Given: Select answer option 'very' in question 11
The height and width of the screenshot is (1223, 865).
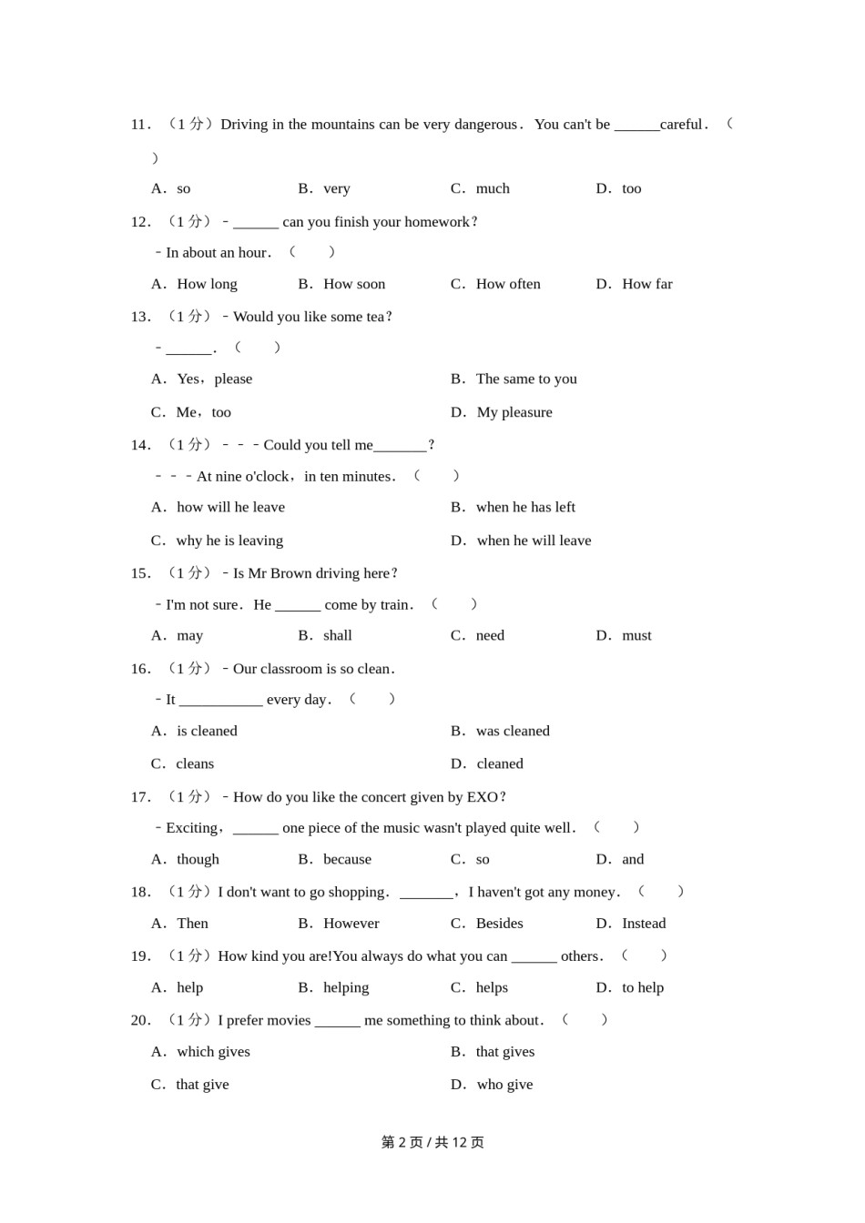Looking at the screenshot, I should pos(336,188).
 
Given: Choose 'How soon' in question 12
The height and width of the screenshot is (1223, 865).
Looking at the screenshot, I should pos(353,284).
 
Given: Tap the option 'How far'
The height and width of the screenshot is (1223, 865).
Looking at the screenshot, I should pos(646,284).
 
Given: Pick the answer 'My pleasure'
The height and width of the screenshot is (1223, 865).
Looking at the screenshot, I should pos(514,412).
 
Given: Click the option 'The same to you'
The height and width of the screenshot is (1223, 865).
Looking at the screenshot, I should pos(525,379).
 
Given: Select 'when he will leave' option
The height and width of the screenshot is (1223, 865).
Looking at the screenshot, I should pos(534,541).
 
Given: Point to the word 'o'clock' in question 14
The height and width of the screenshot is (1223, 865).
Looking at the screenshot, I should pos(265,476).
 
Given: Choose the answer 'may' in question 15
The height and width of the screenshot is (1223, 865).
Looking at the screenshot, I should pos(189,635).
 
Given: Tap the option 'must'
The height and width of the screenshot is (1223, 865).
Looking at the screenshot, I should pos(636,635).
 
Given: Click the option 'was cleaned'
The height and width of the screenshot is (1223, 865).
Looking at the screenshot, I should pos(512,731).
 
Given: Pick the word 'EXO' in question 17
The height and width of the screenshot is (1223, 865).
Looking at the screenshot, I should pos(482,797).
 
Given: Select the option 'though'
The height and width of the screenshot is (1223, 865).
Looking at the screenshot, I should pos(198,859).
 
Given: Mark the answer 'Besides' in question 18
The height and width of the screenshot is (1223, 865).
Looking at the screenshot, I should pos(499,924).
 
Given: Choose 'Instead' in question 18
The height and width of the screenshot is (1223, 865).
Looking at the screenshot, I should pos(643,924).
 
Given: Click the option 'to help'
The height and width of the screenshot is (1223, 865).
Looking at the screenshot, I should pos(642,987).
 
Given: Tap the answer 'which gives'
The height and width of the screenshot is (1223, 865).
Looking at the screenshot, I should pos(213,1052).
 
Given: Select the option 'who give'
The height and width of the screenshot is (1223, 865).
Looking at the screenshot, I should pos(504,1085).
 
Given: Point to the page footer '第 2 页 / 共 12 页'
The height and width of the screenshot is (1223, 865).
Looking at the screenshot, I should pos(432,1142).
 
